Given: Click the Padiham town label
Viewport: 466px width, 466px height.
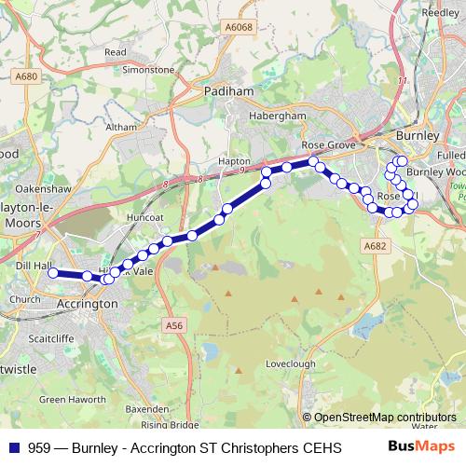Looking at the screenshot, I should tap(223, 92).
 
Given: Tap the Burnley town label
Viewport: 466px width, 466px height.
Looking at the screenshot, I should tap(417, 135).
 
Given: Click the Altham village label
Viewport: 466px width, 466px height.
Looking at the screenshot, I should tap(121, 126).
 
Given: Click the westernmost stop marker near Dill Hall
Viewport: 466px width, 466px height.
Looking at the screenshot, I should tap(53, 273).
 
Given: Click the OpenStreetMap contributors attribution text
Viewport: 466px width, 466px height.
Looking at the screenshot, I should tap(385, 418).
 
